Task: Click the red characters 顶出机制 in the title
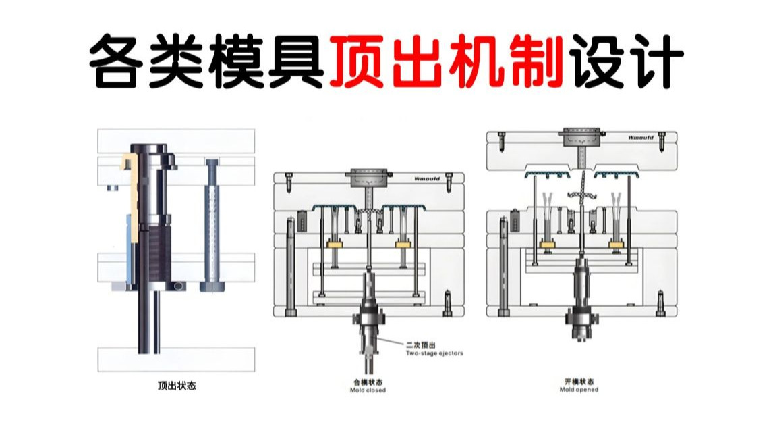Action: [447, 63]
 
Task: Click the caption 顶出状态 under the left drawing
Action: [177, 387]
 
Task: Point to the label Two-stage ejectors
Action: [434, 353]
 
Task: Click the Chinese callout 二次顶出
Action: [419, 344]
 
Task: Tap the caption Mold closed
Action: [368, 390]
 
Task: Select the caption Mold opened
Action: [581, 390]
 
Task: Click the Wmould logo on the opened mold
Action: [641, 138]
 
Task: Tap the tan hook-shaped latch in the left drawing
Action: [130, 189]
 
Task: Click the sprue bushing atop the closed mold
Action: [368, 179]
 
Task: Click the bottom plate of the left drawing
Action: [177, 359]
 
